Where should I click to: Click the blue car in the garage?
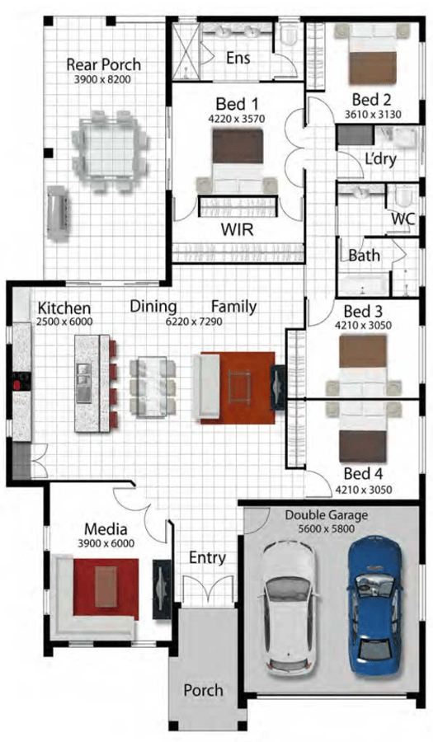pyautogui.click(x=377, y=605)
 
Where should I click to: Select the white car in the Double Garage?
pyautogui.click(x=289, y=609)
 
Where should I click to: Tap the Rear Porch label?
pyautogui.click(x=104, y=64)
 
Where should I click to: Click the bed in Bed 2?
pyautogui.click(x=373, y=54)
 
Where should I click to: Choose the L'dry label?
pyautogui.click(x=380, y=159)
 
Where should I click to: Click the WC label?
pyautogui.click(x=402, y=219)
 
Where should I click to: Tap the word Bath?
pyautogui.click(x=364, y=256)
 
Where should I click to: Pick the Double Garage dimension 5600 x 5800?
pyautogui.click(x=326, y=528)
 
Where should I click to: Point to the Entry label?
pyautogui.click(x=207, y=558)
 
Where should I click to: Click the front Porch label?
pyautogui.click(x=204, y=690)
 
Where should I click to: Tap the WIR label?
pyautogui.click(x=237, y=230)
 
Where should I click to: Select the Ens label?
pyautogui.click(x=238, y=58)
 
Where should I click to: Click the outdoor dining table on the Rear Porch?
pyautogui.click(x=109, y=151)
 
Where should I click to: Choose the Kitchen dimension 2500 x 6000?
pyautogui.click(x=64, y=322)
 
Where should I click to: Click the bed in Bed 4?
pyautogui.click(x=363, y=433)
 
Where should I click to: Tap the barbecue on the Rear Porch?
pyautogui.click(x=58, y=213)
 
